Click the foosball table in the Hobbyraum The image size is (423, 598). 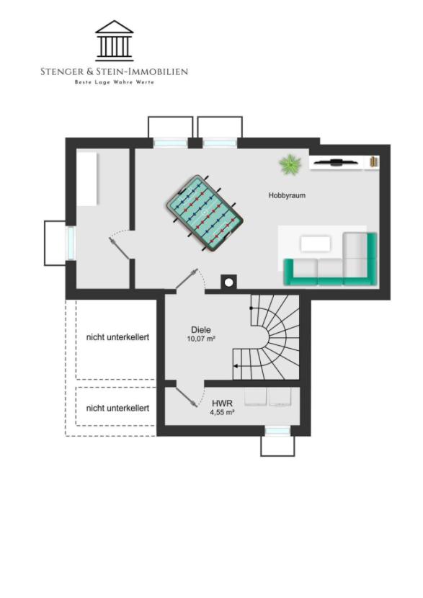(205, 213)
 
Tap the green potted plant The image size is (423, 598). (290, 164)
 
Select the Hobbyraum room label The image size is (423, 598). (287, 195)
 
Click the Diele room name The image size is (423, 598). (201, 330)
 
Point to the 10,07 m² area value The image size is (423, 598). (201, 339)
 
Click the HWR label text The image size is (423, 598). (222, 403)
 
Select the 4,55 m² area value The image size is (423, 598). (222, 412)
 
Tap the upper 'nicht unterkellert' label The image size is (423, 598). (117, 337)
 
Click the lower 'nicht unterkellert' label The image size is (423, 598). (117, 408)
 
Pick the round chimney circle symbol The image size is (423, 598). (228, 282)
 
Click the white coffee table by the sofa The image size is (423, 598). (316, 244)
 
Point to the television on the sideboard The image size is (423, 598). (336, 162)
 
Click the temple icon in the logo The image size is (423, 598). (114, 41)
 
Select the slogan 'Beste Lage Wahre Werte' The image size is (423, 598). (114, 82)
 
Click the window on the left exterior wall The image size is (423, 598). (71, 243)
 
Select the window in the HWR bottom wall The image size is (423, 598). (277, 431)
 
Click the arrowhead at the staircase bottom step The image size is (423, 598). (236, 366)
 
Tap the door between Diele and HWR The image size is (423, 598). (187, 397)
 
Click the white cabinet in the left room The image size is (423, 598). (87, 179)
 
